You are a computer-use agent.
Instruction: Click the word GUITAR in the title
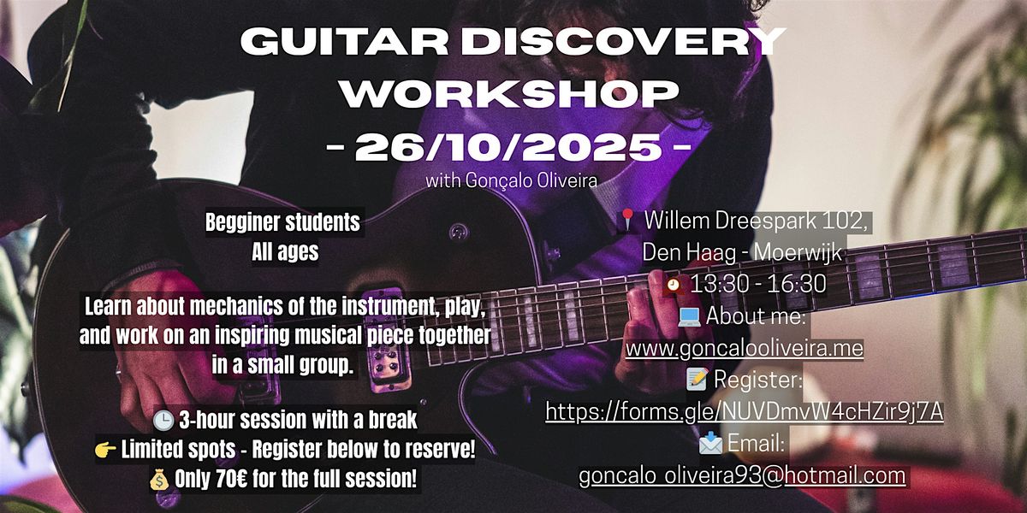[x=344, y=42]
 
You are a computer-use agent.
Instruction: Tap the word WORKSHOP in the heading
[x=509, y=93]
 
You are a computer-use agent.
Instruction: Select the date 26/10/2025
[x=509, y=147]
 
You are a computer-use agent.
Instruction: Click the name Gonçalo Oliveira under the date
[x=531, y=180]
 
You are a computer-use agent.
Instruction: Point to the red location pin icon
[x=627, y=220]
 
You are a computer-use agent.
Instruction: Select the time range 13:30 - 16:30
[x=758, y=284]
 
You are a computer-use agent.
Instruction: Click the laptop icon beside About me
[x=689, y=317]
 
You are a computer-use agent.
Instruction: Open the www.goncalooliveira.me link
[x=745, y=348]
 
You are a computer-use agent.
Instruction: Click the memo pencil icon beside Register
[x=698, y=380]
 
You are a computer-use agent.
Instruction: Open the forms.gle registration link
[x=744, y=411]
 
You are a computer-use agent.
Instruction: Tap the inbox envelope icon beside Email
[x=710, y=443]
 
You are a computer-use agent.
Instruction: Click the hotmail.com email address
[x=742, y=475]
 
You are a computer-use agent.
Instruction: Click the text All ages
[x=285, y=251]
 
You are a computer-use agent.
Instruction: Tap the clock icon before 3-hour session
[x=163, y=421]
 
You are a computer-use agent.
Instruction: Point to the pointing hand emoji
[x=105, y=451]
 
